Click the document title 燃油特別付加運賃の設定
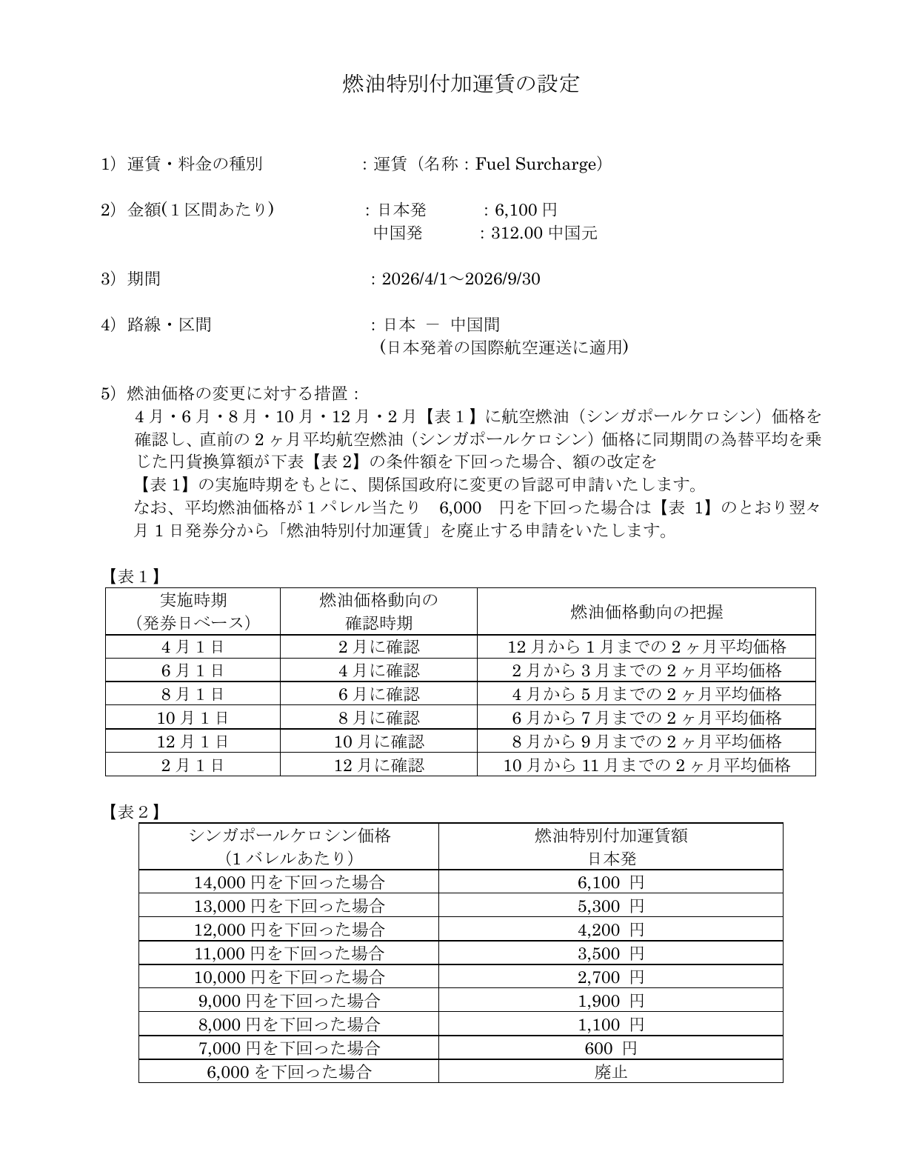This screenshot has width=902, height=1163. (x=460, y=84)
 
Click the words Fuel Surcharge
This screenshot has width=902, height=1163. (x=535, y=164)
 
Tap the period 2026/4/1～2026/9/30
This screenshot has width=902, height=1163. (x=461, y=279)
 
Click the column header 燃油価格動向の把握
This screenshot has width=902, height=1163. (x=646, y=611)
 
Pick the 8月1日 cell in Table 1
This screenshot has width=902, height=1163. (x=193, y=694)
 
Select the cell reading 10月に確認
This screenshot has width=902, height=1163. (x=378, y=742)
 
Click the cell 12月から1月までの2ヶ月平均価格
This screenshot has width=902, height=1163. (x=646, y=647)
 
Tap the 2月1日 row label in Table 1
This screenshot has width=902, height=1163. (x=193, y=765)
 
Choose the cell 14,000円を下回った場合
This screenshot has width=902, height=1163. (x=289, y=882)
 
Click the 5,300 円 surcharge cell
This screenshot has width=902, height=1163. (x=610, y=906)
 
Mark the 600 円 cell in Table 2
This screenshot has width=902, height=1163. (x=610, y=1048)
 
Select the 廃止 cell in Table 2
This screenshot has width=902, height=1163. (x=610, y=1072)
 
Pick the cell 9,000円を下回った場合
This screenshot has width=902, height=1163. (x=289, y=1001)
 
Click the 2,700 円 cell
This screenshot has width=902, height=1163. (x=610, y=977)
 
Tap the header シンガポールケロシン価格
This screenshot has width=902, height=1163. (x=289, y=836)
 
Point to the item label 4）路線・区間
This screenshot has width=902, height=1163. (x=156, y=324)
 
